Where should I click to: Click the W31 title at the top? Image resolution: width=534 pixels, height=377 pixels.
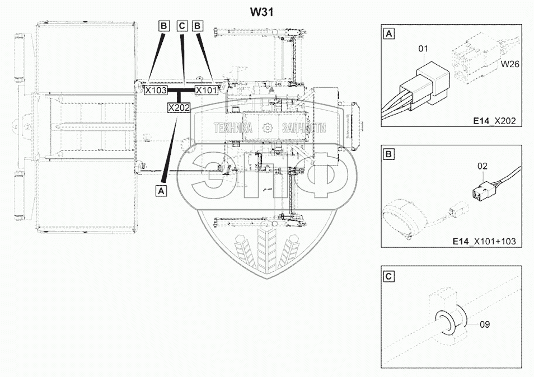(x=261, y=12)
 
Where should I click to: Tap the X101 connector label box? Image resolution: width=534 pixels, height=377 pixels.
(x=206, y=90)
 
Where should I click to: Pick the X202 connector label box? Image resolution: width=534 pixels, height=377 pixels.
(x=179, y=108)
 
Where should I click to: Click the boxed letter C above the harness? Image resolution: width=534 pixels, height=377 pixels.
(x=182, y=26)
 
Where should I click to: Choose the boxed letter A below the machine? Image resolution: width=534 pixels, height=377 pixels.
(x=161, y=191)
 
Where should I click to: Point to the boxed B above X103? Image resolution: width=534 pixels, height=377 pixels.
(x=164, y=26)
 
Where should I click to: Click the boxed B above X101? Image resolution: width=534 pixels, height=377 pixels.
(x=198, y=26)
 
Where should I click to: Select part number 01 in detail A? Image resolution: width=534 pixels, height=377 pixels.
(x=423, y=49)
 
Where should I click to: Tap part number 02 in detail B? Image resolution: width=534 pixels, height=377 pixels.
(x=483, y=166)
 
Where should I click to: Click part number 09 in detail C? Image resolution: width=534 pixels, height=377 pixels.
(x=485, y=324)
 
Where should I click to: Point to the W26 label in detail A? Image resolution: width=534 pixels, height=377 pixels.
(x=510, y=64)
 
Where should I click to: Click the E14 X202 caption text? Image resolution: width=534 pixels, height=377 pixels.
(x=494, y=120)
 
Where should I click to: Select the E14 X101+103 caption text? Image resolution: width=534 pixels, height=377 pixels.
(x=484, y=241)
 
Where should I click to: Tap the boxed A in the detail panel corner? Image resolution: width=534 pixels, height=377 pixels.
(x=389, y=34)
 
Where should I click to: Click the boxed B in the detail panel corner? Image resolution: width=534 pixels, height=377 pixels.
(x=389, y=154)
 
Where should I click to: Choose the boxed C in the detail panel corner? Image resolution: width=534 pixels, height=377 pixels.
(x=389, y=276)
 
